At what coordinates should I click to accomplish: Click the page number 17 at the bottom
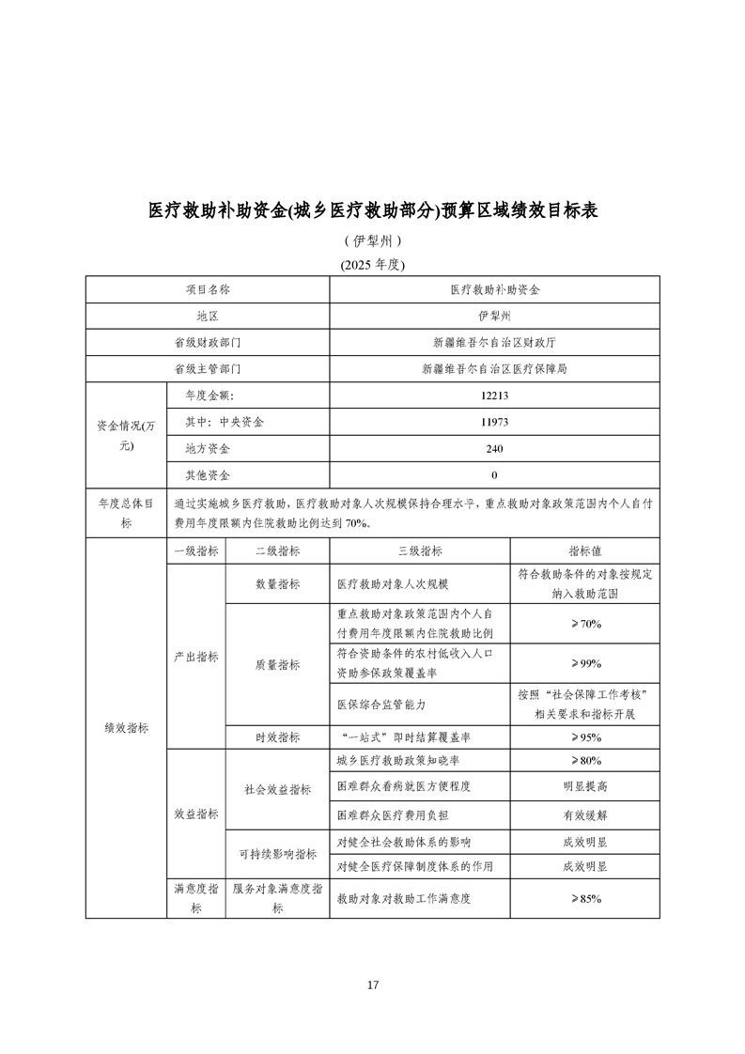click(x=373, y=985)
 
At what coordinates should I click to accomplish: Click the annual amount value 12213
click(x=494, y=396)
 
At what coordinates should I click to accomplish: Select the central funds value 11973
click(x=494, y=423)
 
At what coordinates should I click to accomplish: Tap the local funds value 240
click(x=494, y=449)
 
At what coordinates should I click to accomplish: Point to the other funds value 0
click(x=494, y=475)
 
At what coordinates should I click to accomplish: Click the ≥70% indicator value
click(x=584, y=624)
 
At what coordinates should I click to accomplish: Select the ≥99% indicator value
click(x=584, y=664)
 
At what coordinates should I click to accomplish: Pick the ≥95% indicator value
click(x=584, y=737)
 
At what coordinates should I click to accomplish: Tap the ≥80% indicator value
click(x=584, y=761)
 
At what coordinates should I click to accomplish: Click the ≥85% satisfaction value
click(x=584, y=899)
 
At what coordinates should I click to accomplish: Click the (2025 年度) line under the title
click(x=372, y=264)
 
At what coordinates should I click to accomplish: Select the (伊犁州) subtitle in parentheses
click(x=372, y=240)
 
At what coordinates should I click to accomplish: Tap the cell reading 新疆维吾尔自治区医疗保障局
click(x=494, y=370)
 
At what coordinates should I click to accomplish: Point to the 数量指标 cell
click(x=277, y=584)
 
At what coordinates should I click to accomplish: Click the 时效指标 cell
click(x=277, y=737)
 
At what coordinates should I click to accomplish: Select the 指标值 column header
click(x=584, y=551)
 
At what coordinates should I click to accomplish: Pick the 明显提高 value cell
click(x=584, y=786)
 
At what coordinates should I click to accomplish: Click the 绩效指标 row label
click(x=126, y=728)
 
